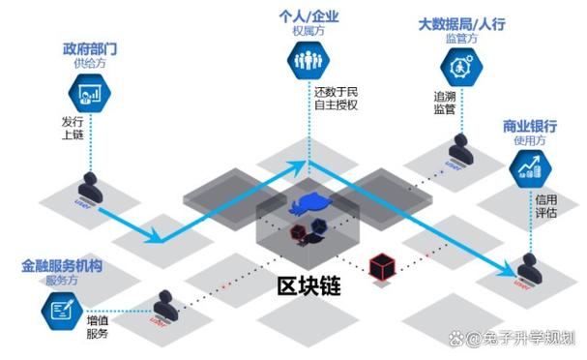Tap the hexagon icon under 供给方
point(85,93)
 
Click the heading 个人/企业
point(307,17)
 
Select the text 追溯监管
point(445,104)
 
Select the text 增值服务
point(97,326)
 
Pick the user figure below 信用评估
point(528,266)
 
